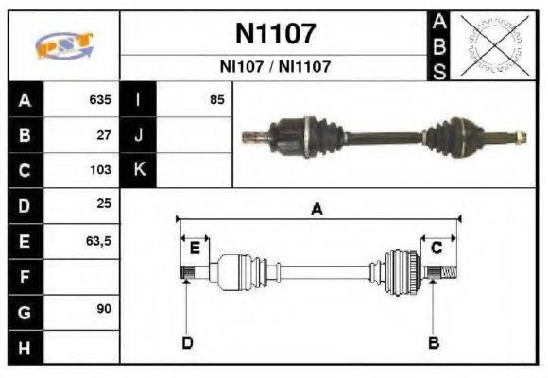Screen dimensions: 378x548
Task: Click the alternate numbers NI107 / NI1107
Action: click(275, 68)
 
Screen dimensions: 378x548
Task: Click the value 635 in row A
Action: click(100, 99)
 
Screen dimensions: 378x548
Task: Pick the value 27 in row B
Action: click(104, 135)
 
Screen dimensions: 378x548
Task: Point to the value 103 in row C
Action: click(100, 171)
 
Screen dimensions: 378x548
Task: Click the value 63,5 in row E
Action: click(98, 242)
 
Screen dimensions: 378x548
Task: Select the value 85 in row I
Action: click(217, 99)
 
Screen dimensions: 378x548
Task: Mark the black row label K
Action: click(139, 171)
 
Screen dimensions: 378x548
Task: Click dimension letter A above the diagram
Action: click(317, 211)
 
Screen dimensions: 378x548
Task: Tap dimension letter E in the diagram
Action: click(195, 248)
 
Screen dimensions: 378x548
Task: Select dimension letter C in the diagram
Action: click(437, 248)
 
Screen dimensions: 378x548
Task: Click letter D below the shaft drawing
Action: click(187, 342)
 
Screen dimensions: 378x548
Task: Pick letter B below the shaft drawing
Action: click(434, 342)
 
